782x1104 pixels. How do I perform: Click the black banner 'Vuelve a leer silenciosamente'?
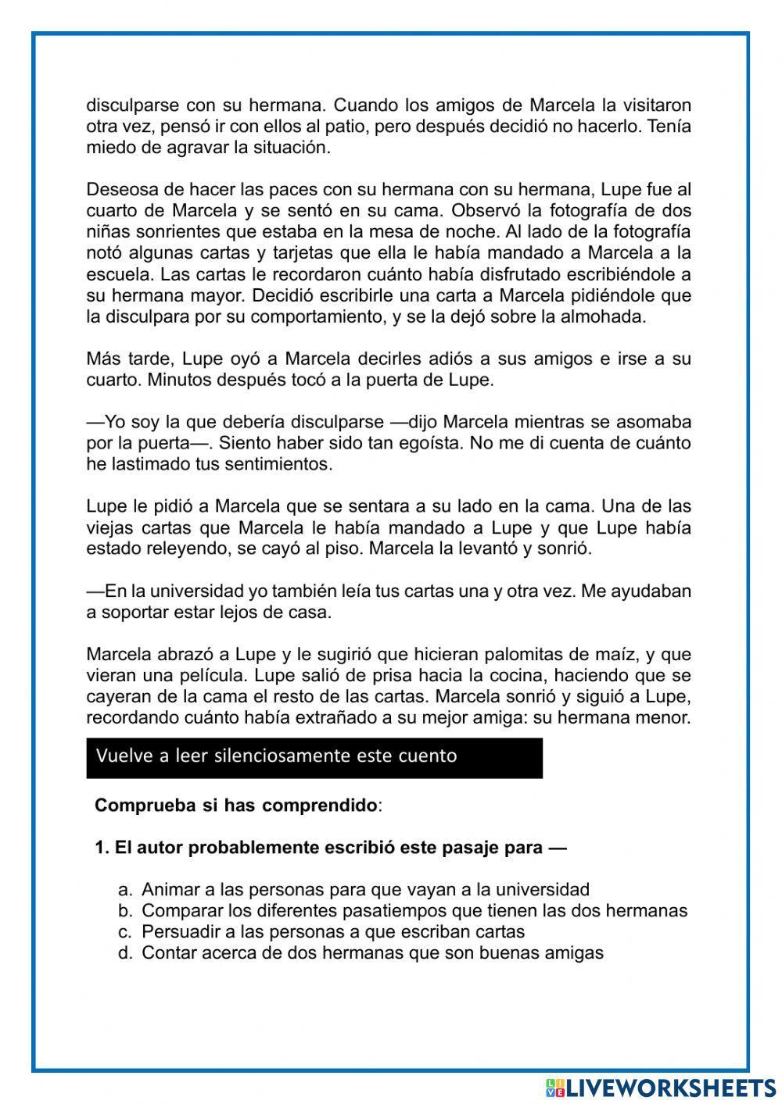314,757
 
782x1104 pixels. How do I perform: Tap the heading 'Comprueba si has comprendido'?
236,806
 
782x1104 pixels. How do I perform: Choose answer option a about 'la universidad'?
365,889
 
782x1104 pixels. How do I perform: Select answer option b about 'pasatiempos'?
414,910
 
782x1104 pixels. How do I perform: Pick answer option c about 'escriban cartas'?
333,931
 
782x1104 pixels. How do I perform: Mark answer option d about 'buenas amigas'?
372,952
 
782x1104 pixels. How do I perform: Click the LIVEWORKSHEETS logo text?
670,1088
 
